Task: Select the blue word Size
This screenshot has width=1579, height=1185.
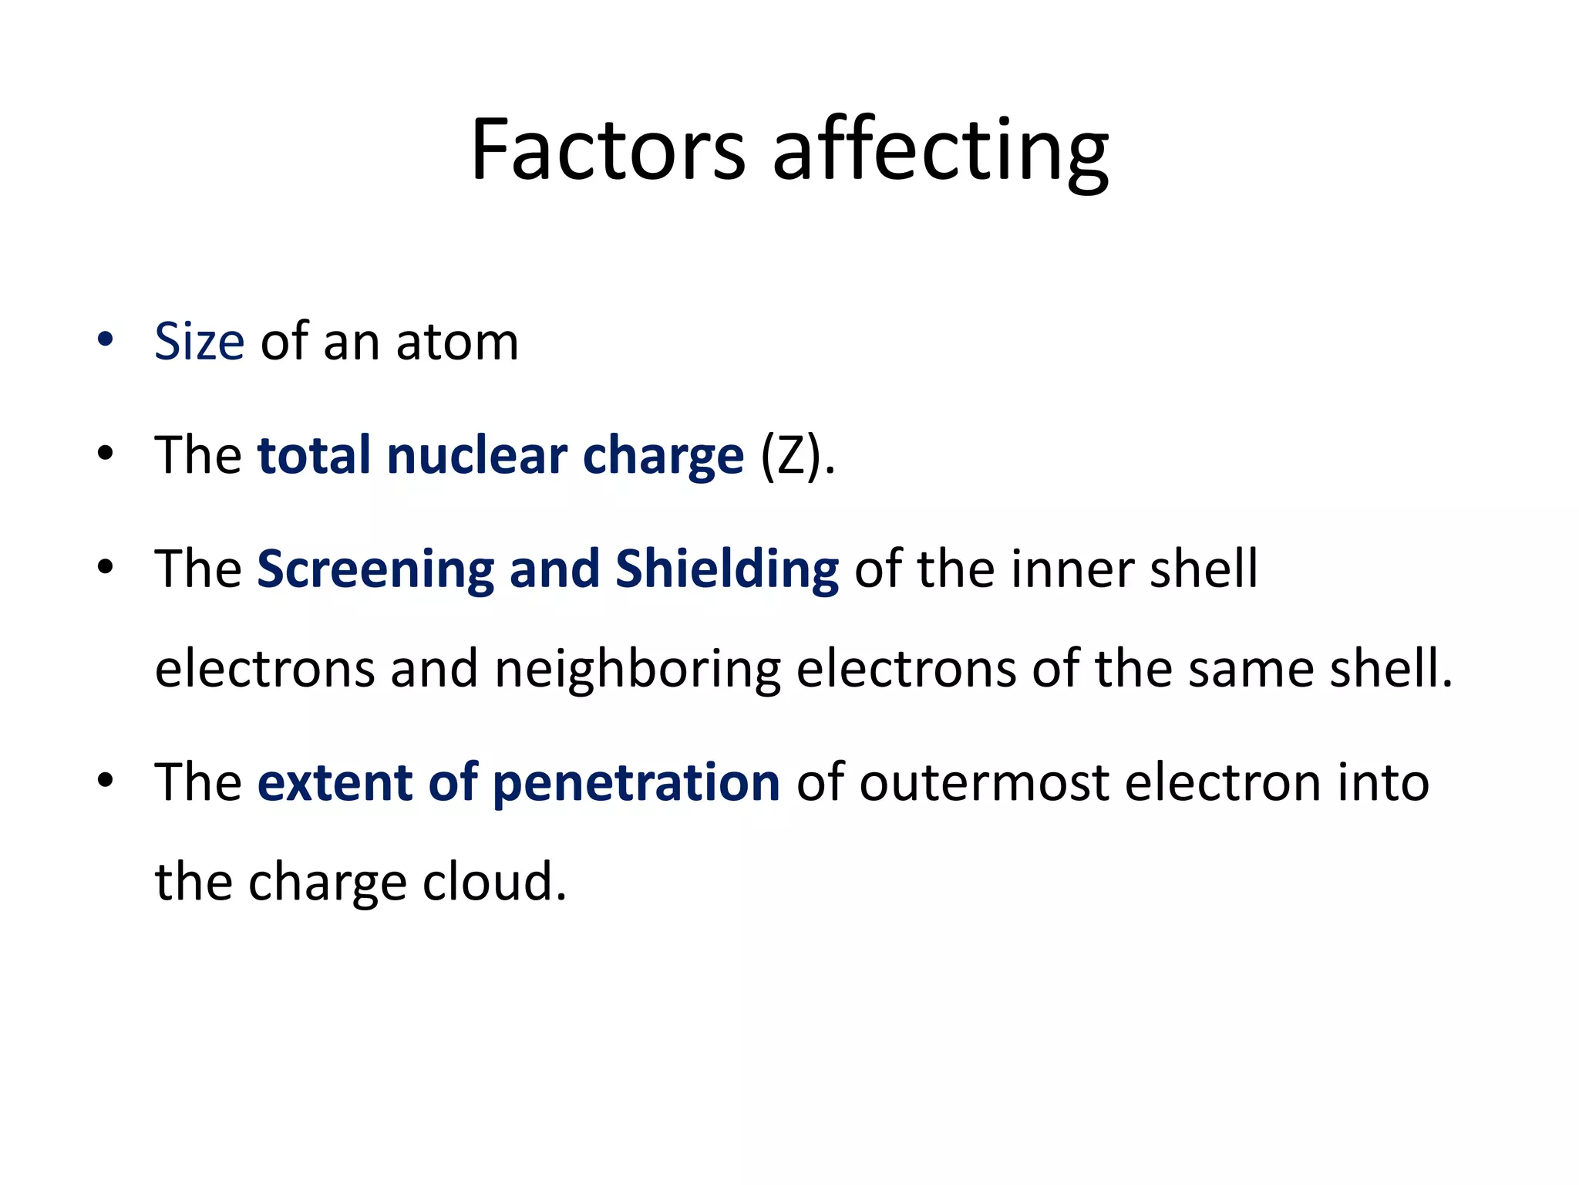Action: [199, 341]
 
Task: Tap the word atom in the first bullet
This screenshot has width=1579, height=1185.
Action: [457, 341]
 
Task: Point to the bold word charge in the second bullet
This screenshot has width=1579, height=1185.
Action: [663, 457]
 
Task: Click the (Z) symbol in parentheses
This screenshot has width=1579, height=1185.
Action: [793, 455]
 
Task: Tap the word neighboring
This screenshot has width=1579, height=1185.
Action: [638, 669]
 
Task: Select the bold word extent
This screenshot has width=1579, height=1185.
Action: [335, 782]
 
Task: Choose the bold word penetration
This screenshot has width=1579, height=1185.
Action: [636, 784]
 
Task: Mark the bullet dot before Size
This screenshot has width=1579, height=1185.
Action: [106, 339]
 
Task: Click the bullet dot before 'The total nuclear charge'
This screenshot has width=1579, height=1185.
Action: [106, 453]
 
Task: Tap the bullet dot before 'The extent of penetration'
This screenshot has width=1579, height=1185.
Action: [106, 780]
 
